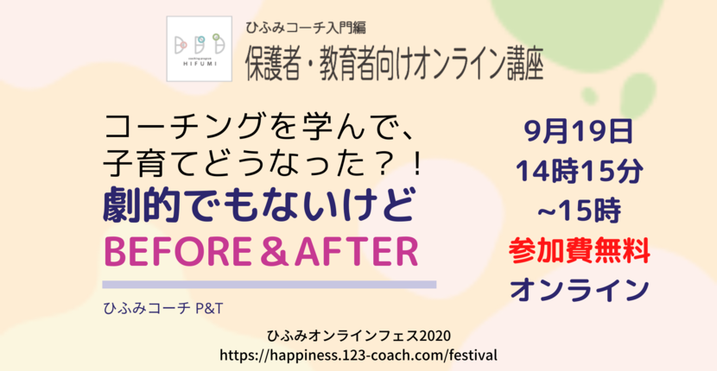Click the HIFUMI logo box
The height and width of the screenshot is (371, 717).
199,49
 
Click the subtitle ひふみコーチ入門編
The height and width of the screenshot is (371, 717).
306,28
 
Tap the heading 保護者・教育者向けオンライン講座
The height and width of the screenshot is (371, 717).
395,65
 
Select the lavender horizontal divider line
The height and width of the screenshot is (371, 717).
270,284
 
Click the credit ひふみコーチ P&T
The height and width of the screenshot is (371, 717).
163,310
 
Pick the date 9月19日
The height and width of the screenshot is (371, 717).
579,133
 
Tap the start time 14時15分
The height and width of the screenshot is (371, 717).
579,172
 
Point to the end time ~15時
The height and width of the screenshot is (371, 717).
579,211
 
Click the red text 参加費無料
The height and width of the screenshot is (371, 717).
579,251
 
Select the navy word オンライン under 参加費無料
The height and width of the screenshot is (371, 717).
579,290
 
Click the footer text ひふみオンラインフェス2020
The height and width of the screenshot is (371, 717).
358,336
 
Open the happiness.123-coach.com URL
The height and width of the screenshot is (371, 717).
358,355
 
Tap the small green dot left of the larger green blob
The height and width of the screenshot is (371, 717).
589,96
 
